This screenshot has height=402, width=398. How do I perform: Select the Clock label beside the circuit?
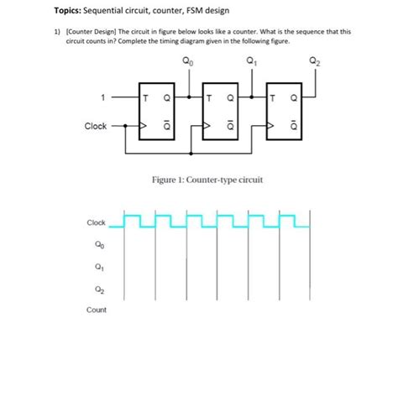click(95, 127)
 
